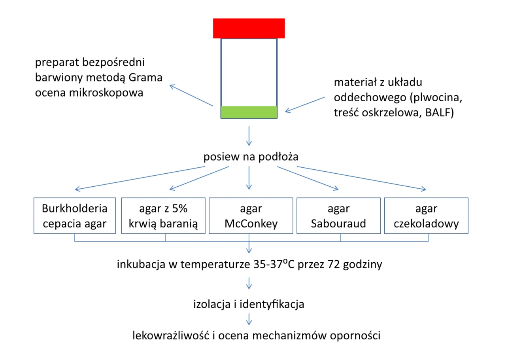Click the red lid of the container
click(x=249, y=28)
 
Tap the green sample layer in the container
click(x=249, y=112)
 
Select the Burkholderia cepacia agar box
click(x=75, y=216)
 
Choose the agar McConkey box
click(x=251, y=216)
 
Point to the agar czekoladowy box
click(x=426, y=216)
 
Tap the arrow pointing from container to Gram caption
click(x=191, y=95)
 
